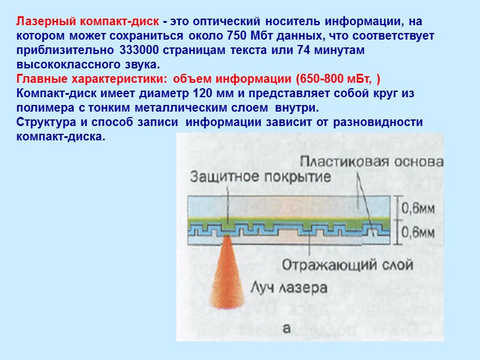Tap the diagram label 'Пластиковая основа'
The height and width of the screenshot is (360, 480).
click(x=371, y=162)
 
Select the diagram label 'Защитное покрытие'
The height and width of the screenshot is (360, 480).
click(x=261, y=177)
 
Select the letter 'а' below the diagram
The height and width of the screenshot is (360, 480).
click(x=286, y=328)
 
